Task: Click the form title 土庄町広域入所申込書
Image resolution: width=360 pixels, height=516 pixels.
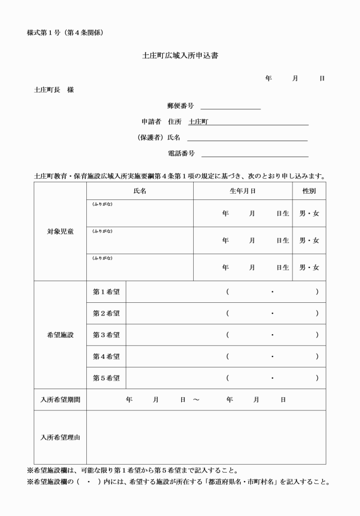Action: pyautogui.click(x=180, y=56)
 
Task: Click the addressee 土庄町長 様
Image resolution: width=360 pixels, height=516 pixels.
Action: pyautogui.click(x=54, y=90)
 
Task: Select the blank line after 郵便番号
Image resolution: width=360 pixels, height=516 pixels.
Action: pyautogui.click(x=230, y=106)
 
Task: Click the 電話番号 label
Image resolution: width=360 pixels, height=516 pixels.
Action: pyautogui.click(x=181, y=153)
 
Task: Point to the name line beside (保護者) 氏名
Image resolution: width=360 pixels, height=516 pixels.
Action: pyautogui.click(x=247, y=138)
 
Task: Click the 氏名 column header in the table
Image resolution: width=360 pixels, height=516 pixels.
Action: pyautogui.click(x=139, y=191)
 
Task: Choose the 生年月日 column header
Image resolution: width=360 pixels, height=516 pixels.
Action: pyautogui.click(x=242, y=191)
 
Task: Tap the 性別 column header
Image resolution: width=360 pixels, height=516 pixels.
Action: pyautogui.click(x=309, y=191)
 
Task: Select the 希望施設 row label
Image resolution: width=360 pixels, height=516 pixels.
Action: pyautogui.click(x=60, y=335)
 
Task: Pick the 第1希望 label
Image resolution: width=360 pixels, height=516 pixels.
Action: pyautogui.click(x=106, y=292)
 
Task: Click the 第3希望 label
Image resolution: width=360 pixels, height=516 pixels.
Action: pyautogui.click(x=106, y=335)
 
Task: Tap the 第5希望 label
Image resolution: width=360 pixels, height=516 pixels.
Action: pyautogui.click(x=106, y=378)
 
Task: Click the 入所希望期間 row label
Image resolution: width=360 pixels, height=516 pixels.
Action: pyautogui.click(x=60, y=399)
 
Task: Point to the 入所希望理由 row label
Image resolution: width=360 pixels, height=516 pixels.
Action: pyautogui.click(x=60, y=437)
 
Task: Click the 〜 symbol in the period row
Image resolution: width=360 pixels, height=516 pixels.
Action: pyautogui.click(x=196, y=400)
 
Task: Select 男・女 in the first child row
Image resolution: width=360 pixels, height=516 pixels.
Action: pyautogui.click(x=309, y=213)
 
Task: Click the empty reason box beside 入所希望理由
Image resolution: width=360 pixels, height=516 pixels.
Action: pyautogui.click(x=206, y=437)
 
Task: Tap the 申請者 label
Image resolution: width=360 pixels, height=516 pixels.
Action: pyautogui.click(x=151, y=122)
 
